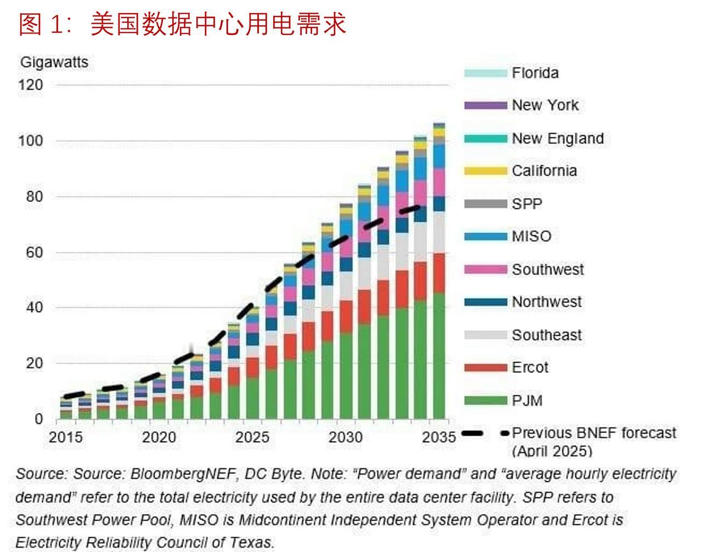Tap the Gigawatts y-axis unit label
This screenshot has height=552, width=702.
pos(54,63)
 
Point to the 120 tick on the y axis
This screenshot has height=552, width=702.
pos(31,85)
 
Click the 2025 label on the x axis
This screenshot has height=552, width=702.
pos(252,437)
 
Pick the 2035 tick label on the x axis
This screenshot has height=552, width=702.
pos(439,437)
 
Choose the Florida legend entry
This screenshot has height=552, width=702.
pos(535,73)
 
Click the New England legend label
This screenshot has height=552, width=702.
pos(557,138)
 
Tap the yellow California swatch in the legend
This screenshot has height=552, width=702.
pos(485,171)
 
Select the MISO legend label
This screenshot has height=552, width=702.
pos(531,236)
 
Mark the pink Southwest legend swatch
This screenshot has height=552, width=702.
pos(485,269)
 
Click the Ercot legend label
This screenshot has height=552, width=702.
pos(530,368)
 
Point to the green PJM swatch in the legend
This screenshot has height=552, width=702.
pos(485,401)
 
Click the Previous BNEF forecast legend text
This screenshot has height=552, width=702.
pos(593,433)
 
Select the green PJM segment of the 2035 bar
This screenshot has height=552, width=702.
pos(439,357)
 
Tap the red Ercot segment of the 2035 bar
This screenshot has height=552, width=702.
pos(439,273)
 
